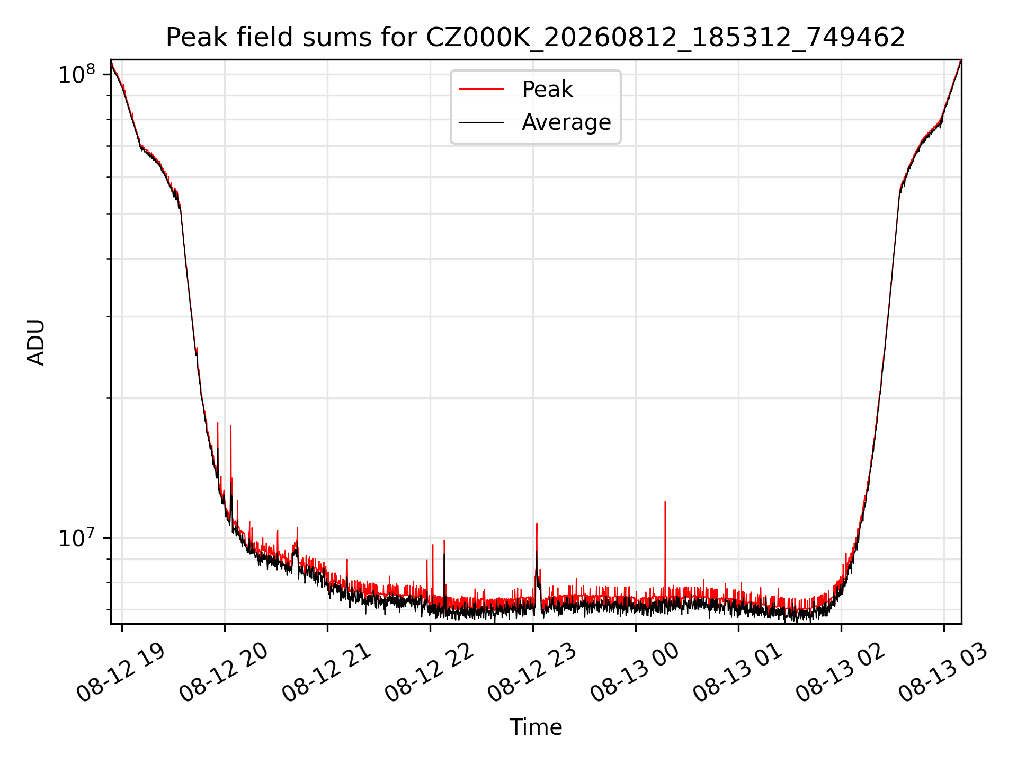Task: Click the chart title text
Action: pos(536,38)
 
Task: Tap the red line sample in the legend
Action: pos(481,90)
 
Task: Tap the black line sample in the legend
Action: pos(481,122)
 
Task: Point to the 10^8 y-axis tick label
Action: pos(76,75)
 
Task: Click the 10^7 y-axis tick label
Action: pos(76,538)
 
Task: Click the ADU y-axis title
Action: pos(36,342)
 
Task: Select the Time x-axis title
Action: pos(536,727)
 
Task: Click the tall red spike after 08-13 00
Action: pos(665,546)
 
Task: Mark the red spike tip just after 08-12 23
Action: pos(537,524)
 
